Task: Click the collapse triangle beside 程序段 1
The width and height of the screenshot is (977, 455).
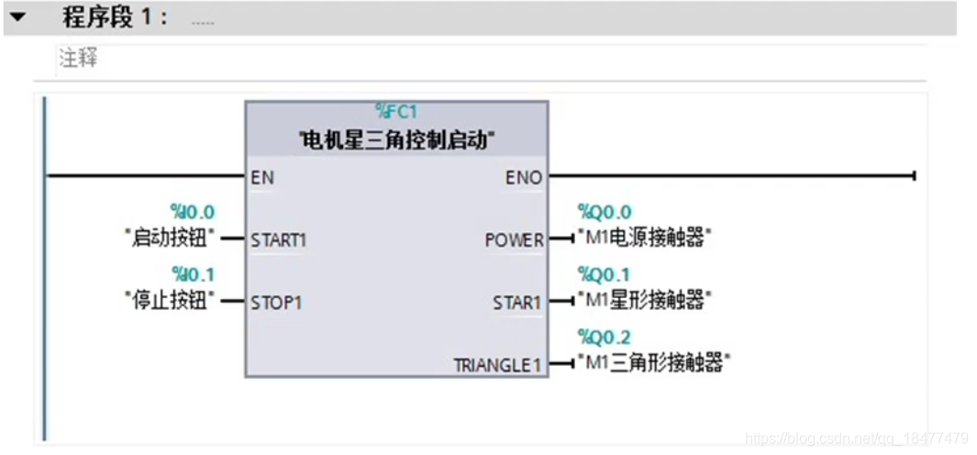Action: pyautogui.click(x=17, y=17)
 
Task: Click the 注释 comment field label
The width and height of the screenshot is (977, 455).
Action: pyautogui.click(x=79, y=61)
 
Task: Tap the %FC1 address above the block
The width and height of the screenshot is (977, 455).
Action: pyautogui.click(x=396, y=112)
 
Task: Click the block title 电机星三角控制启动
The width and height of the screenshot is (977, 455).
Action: pyautogui.click(x=397, y=140)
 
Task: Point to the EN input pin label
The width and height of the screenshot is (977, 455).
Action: pyautogui.click(x=262, y=177)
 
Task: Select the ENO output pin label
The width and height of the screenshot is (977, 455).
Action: pyautogui.click(x=524, y=177)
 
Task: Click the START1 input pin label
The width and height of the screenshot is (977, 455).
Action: pyautogui.click(x=279, y=240)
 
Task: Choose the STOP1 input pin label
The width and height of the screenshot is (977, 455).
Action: pyautogui.click(x=276, y=302)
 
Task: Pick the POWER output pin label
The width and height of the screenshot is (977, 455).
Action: pyautogui.click(x=514, y=240)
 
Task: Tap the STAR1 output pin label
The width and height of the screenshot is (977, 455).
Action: pyautogui.click(x=517, y=302)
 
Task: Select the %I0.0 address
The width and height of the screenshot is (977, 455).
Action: pyautogui.click(x=192, y=213)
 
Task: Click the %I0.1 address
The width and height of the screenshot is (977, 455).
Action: pyautogui.click(x=192, y=273)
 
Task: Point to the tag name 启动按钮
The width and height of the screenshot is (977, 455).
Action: pyautogui.click(x=170, y=239)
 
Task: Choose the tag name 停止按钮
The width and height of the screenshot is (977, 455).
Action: pyautogui.click(x=170, y=300)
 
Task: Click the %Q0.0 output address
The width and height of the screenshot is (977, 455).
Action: pyautogui.click(x=604, y=213)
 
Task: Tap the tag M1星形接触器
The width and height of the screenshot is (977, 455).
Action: pyautogui.click(x=646, y=300)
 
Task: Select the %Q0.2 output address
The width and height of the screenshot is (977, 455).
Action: pyautogui.click(x=604, y=337)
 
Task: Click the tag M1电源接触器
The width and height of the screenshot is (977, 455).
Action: pyautogui.click(x=646, y=239)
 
